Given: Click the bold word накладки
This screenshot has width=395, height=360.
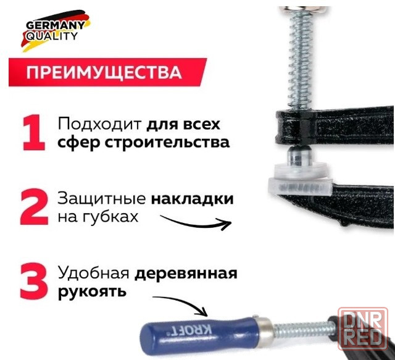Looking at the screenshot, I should [192, 199].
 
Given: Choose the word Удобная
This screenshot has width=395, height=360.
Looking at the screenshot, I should [94, 273].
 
